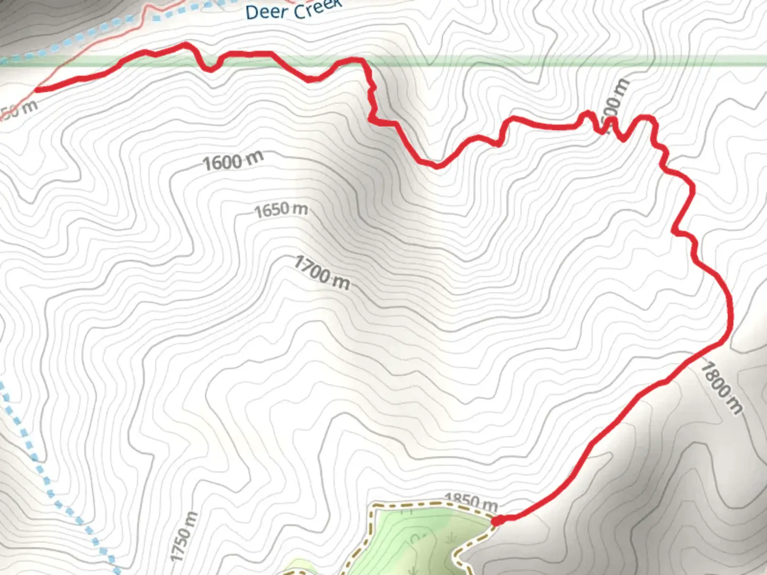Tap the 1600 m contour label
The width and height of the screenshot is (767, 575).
[232, 160]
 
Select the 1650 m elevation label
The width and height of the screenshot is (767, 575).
[281, 210]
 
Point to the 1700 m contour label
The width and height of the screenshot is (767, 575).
[322, 272]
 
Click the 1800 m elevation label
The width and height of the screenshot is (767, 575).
[721, 387]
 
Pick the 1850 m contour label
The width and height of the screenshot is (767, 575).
[471, 501]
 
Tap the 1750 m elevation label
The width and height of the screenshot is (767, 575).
[184, 536]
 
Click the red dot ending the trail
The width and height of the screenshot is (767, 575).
[497, 521]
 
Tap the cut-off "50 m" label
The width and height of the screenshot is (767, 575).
[20, 109]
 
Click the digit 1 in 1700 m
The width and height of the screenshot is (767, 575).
[299, 262]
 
